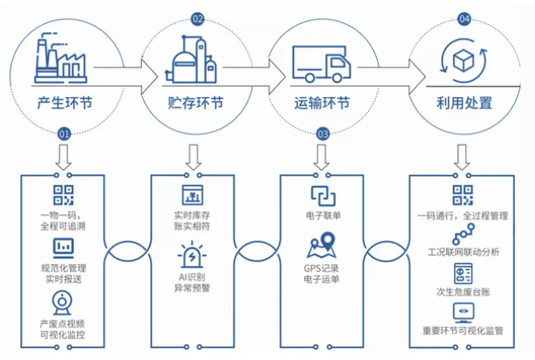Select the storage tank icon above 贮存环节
190,61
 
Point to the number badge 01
63,134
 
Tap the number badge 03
323,134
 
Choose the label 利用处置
459,103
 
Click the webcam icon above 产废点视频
63,301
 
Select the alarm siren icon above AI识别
193,256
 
